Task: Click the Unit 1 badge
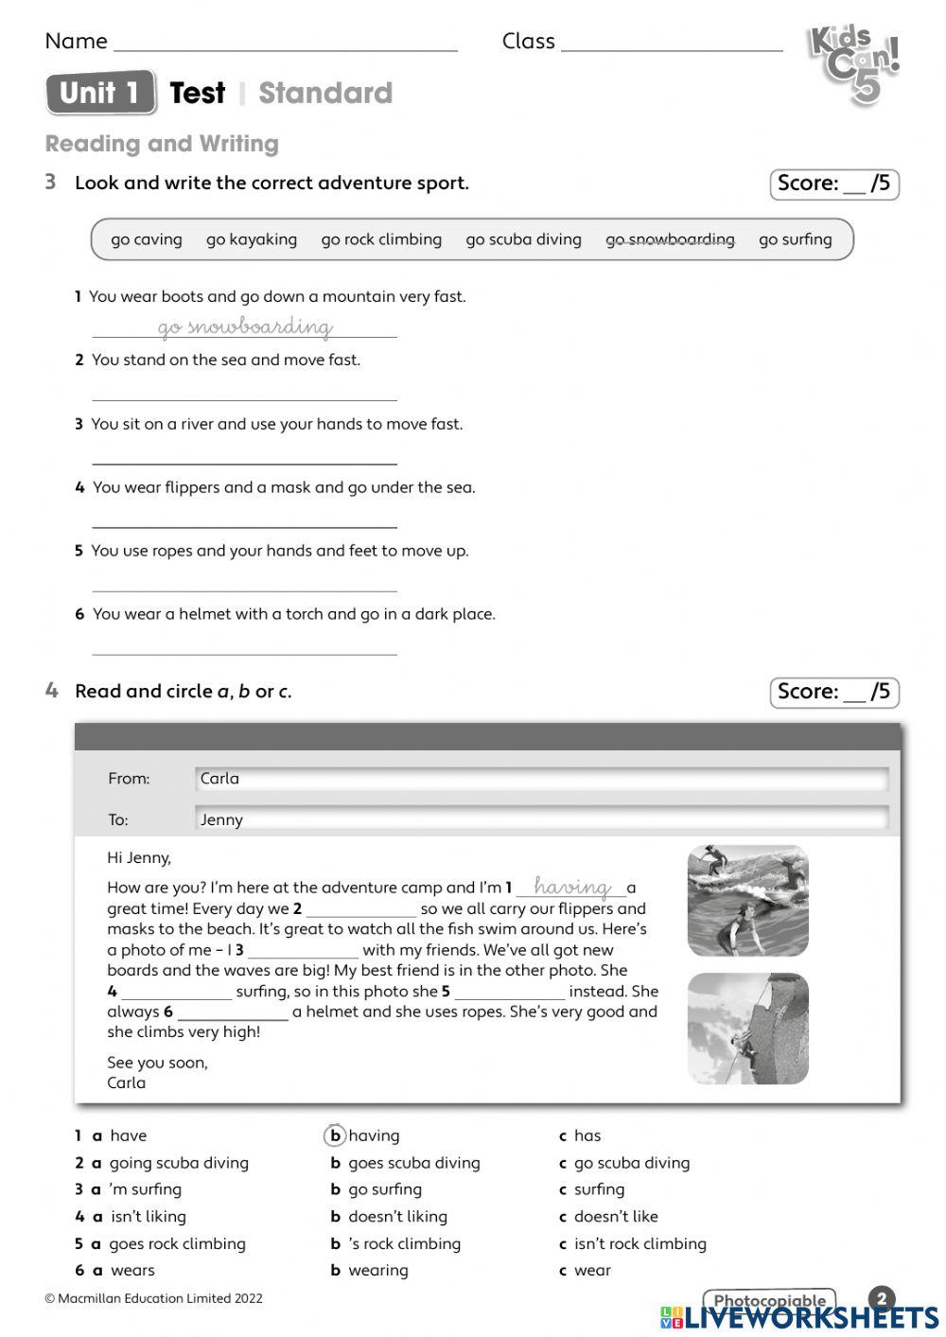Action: (100, 93)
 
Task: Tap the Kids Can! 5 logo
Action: (853, 64)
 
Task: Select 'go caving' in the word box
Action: (146, 239)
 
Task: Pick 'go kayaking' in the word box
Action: (252, 239)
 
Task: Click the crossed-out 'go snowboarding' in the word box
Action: (670, 239)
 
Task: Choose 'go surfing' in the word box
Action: (795, 239)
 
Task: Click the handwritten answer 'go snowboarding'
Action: (245, 327)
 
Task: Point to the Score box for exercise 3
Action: (833, 185)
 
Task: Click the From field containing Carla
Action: (541, 779)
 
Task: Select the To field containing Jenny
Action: (541, 819)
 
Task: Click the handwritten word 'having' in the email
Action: (571, 888)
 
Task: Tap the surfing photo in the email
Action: (747, 900)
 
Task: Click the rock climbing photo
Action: (747, 1028)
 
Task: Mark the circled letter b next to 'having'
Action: (335, 1135)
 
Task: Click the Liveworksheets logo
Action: (799, 1317)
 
